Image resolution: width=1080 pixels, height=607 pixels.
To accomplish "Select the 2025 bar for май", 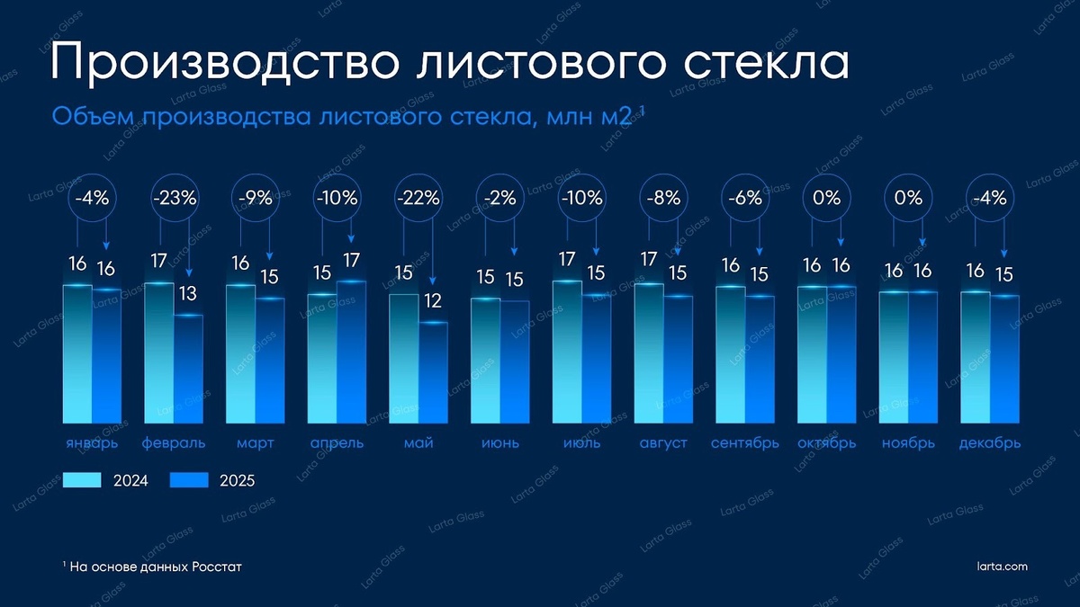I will (x=433, y=372).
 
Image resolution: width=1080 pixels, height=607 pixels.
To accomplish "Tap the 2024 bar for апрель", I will (x=321, y=358).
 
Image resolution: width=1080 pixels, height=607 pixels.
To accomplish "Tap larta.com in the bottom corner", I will (x=1002, y=567).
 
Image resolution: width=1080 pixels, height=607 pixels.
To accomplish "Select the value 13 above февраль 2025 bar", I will (x=187, y=294).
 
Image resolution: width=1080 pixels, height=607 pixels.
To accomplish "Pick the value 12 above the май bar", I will (x=433, y=301).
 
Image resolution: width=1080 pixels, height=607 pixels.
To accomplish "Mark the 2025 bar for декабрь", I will (x=1004, y=360).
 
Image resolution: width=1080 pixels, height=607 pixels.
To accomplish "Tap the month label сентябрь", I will (x=744, y=443).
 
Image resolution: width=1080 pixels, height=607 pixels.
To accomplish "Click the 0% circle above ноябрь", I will (x=908, y=199).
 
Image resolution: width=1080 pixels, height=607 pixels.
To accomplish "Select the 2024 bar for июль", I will (x=567, y=352).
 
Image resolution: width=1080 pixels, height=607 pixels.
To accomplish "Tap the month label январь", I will (x=90, y=443).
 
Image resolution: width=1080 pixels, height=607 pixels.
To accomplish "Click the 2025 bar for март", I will (x=269, y=360).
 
